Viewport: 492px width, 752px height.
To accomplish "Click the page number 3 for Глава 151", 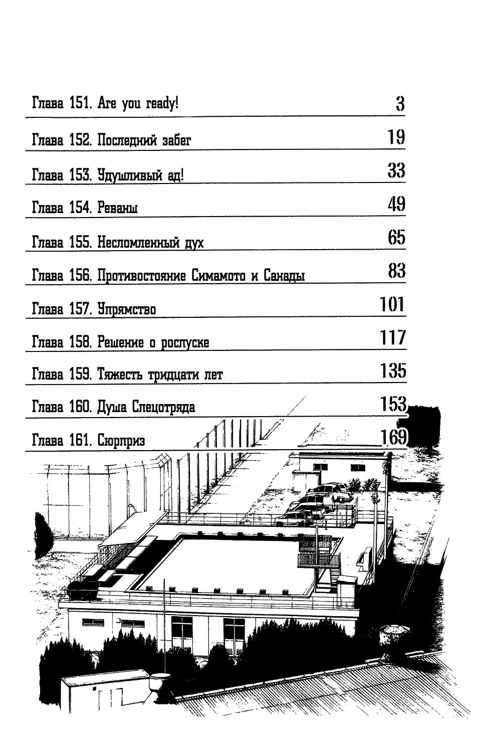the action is click(x=400, y=104).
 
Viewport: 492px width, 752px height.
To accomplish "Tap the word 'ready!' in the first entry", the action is click(x=162, y=103).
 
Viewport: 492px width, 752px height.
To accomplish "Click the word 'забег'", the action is click(x=176, y=140).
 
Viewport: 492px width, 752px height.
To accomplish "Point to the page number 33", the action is click(x=396, y=170).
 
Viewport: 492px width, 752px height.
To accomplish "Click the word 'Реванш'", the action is click(x=117, y=208).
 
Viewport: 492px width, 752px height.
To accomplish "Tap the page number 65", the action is click(x=396, y=237).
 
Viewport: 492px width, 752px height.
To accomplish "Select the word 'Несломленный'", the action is click(x=138, y=242).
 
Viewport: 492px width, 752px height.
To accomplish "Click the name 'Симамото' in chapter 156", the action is click(x=218, y=275).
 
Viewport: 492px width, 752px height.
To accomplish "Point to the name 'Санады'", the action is click(x=284, y=275).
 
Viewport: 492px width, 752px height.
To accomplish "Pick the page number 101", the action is click(x=392, y=304).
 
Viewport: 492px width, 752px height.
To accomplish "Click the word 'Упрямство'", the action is click(x=127, y=309).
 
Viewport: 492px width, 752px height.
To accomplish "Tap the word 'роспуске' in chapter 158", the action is click(x=185, y=342).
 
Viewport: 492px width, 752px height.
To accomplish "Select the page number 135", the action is click(x=393, y=370).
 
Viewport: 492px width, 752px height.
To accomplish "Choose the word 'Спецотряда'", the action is click(x=163, y=407).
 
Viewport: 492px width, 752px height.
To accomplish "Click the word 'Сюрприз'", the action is click(x=121, y=440).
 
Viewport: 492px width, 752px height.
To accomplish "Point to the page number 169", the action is click(x=393, y=437).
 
